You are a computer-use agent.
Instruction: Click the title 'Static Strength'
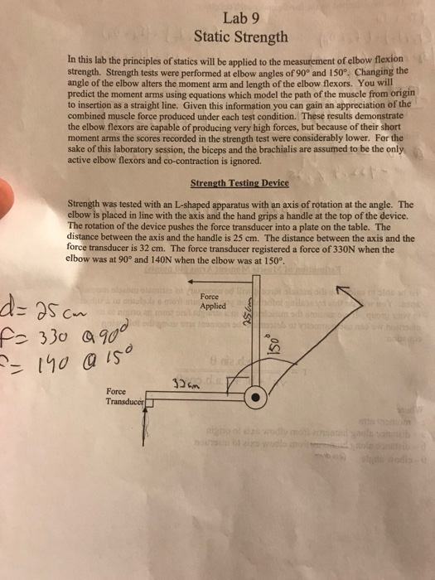(x=240, y=36)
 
